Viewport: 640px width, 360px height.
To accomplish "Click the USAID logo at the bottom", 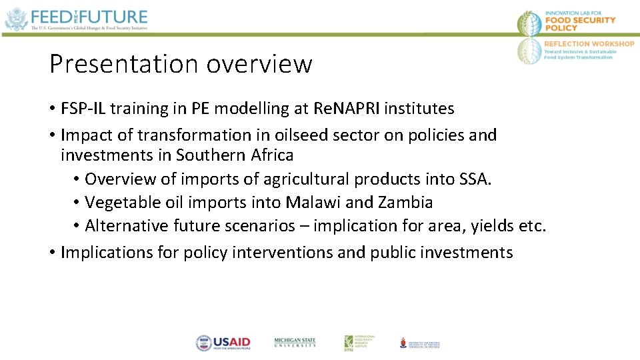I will point(223,343).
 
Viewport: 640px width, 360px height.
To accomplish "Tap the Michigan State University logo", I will point(295,342).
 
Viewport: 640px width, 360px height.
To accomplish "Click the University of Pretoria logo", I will point(420,343).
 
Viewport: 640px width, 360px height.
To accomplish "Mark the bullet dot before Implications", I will point(52,253).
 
